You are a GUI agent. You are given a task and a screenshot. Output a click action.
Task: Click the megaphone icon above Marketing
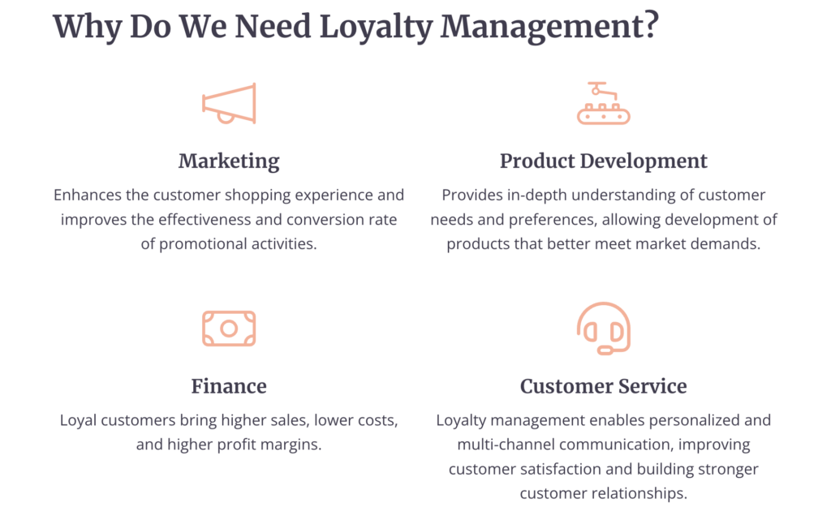229,103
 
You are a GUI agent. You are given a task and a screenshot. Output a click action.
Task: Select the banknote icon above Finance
229,329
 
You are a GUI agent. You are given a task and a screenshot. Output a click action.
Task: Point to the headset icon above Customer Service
603,329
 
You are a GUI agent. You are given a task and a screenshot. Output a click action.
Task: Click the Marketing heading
229,161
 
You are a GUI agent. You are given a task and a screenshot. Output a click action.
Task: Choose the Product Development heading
603,161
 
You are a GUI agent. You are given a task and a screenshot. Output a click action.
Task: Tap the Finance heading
229,385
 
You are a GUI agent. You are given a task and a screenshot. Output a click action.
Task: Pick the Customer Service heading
603,385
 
